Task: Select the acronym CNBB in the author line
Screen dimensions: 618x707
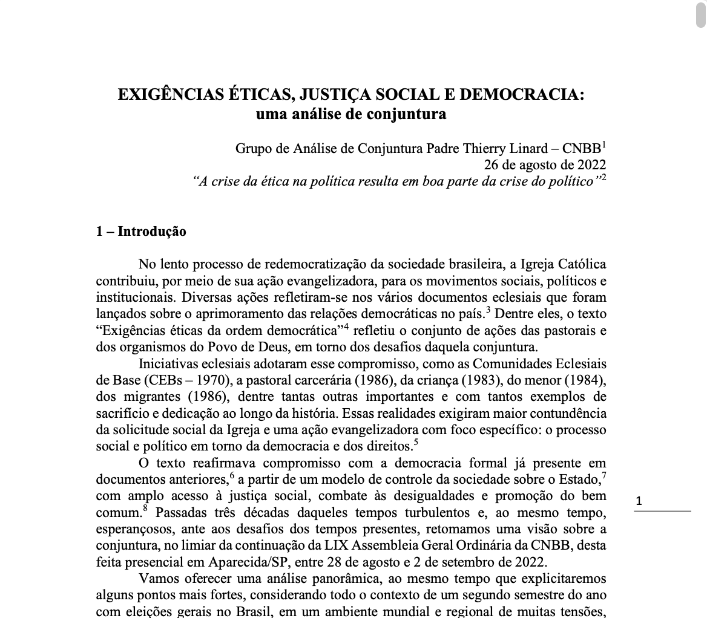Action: [x=582, y=149]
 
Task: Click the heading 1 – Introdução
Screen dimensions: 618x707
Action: [x=141, y=232]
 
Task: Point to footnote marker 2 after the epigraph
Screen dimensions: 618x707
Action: [x=603, y=177]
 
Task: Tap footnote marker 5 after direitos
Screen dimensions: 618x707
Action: [x=416, y=441]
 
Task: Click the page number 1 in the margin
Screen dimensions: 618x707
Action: [x=639, y=501]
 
